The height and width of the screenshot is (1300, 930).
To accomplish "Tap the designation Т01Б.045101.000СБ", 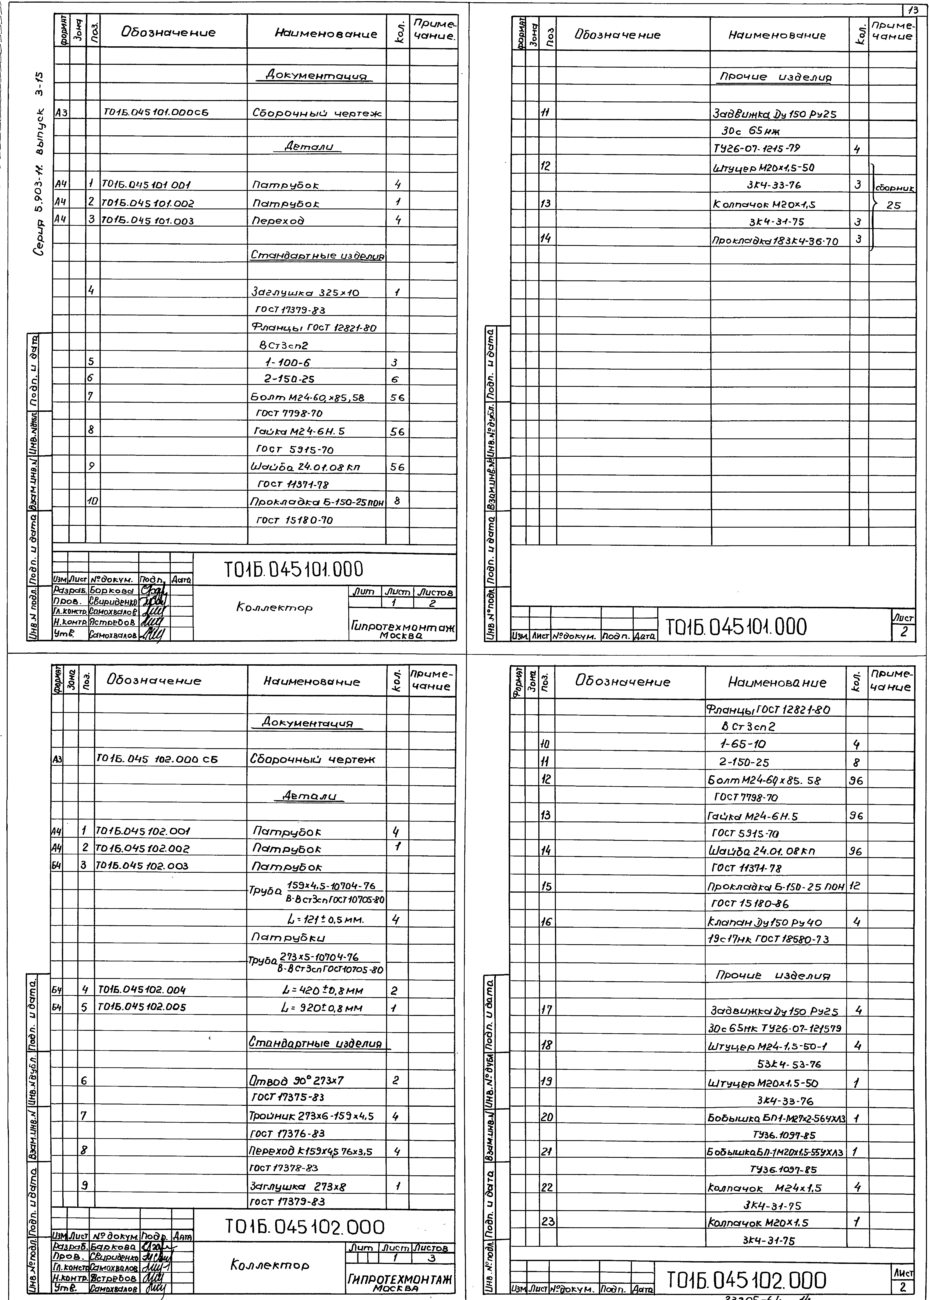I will pos(156,113).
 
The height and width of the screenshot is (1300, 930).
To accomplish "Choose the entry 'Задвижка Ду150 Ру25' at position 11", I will pos(774,114).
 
